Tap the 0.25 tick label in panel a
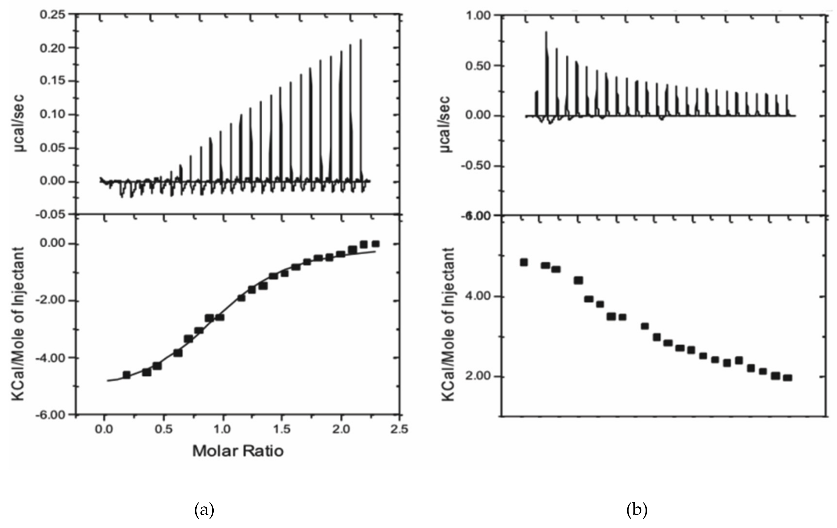pyautogui.click(x=52, y=15)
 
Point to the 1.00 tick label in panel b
pyautogui.click(x=478, y=16)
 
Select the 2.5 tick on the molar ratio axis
pyautogui.click(x=399, y=430)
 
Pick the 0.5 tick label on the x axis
pyautogui.click(x=163, y=430)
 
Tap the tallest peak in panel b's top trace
pyautogui.click(x=546, y=32)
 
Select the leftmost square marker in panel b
pyautogui.click(x=524, y=262)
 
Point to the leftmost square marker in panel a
pyautogui.click(x=127, y=375)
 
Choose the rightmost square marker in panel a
pyautogui.click(x=375, y=244)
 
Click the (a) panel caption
pyautogui.click(x=204, y=510)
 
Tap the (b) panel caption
pyautogui.click(x=637, y=510)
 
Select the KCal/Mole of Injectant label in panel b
pyautogui.click(x=449, y=324)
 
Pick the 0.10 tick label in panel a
pyautogui.click(x=52, y=115)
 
